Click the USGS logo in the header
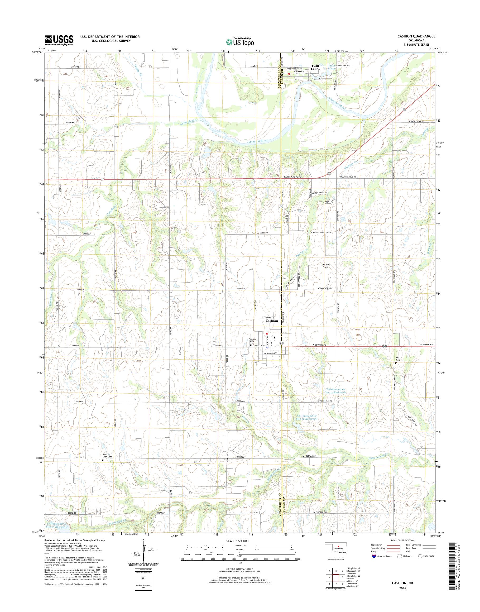click(59, 40)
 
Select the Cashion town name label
click(272, 321)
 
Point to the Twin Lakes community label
click(315, 67)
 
